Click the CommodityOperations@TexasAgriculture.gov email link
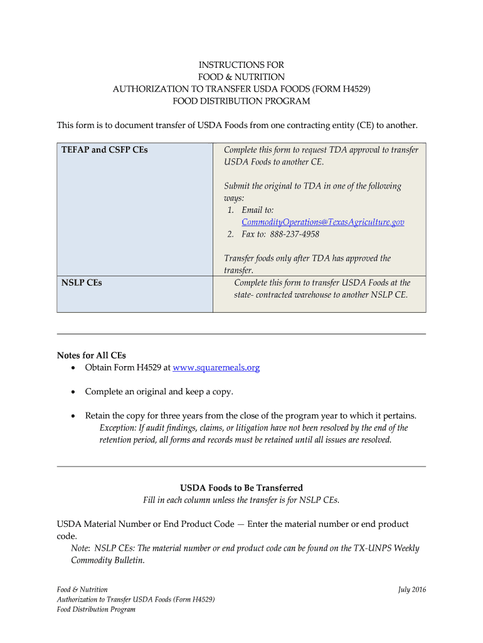(322, 222)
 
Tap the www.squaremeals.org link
(216, 367)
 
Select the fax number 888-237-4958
(294, 234)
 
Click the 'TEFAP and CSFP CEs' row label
(105, 150)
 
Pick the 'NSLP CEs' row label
(82, 283)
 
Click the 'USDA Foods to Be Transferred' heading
(242, 488)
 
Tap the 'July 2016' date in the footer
(411, 590)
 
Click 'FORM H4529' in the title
(344, 89)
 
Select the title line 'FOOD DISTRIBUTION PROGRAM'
(242, 101)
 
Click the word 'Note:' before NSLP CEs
(81, 548)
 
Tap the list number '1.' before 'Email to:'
(231, 210)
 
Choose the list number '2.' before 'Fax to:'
(231, 234)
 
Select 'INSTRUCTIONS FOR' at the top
(242, 65)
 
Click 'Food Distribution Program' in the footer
(96, 609)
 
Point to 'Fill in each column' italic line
(242, 500)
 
